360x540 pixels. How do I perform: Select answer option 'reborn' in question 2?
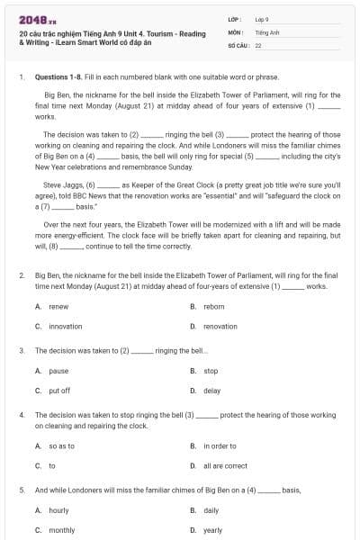pos(213,306)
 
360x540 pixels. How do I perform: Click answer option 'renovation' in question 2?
pos(220,326)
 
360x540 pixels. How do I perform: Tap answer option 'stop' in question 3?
pos(211,370)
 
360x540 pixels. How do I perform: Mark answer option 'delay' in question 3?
pos(212,390)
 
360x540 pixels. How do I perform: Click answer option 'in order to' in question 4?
pos(220,445)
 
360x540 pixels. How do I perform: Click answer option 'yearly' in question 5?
pos(212,529)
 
